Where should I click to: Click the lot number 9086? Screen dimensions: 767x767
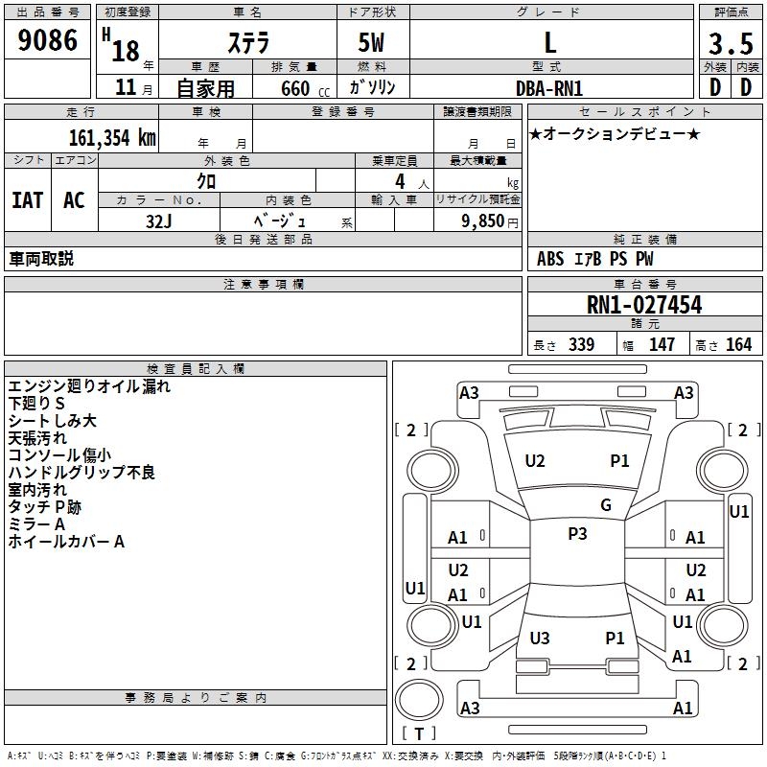coord(48,40)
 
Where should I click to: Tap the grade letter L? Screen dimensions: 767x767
coord(549,43)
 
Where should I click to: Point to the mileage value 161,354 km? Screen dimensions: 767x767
coord(112,137)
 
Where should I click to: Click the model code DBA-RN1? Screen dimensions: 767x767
coord(549,87)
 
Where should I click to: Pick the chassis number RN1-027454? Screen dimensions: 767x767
coord(644,306)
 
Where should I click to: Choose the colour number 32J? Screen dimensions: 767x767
coord(158,220)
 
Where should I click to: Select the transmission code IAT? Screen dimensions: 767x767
coord(27,200)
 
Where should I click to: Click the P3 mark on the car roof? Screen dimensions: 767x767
coord(577,534)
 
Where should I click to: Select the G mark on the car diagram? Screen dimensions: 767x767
coord(605,505)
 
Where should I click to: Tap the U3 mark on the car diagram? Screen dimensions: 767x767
coord(540,639)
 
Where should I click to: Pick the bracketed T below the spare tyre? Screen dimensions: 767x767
coord(419,733)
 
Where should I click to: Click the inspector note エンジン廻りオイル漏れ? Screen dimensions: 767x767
coord(89,386)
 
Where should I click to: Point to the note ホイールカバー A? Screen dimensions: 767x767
coord(67,542)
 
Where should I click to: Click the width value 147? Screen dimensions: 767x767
coord(662,345)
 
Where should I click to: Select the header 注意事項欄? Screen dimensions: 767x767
coord(263,285)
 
